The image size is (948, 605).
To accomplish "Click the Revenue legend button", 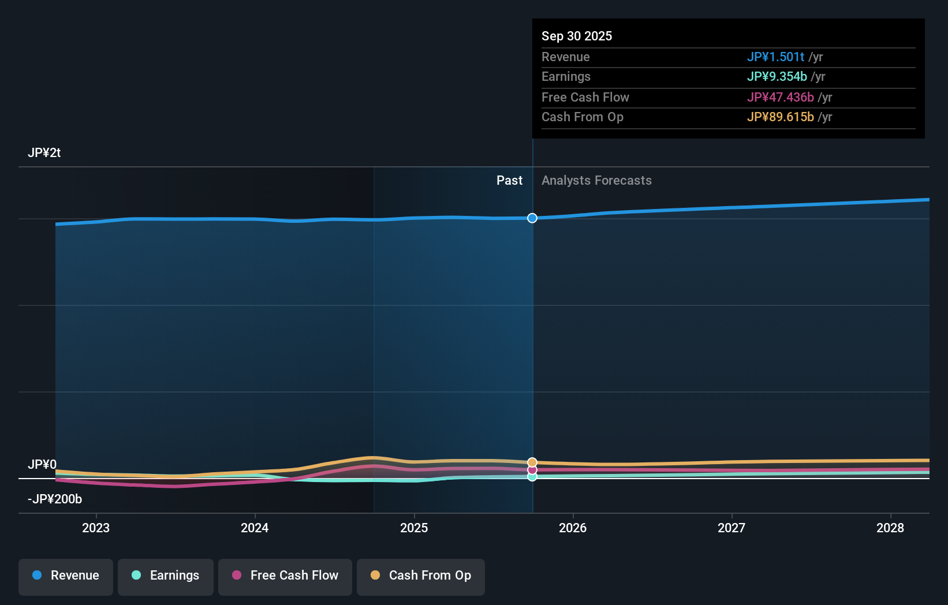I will [66, 576].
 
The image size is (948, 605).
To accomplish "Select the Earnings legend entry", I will [166, 576].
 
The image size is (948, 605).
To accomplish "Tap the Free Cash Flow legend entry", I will [285, 576].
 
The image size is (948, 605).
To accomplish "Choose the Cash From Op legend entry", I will [421, 576].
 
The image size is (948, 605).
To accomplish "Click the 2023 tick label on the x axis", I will [96, 528].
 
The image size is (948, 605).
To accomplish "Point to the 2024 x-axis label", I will [255, 528].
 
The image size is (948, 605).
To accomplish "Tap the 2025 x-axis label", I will [414, 528].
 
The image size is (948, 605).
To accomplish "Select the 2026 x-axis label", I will [573, 528].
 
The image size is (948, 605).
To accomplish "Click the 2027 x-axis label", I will [731, 528].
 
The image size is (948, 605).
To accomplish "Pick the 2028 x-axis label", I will [890, 528].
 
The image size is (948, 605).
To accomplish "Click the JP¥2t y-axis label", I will [44, 153].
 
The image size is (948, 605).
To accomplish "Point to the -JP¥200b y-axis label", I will [55, 499].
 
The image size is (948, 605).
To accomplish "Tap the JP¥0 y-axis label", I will [42, 465].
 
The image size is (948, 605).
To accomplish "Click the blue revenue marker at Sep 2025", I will [532, 218].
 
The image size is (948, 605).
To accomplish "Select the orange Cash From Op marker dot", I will [532, 462].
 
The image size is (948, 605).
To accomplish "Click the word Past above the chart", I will [509, 181].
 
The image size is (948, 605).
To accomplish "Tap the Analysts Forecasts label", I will [596, 181].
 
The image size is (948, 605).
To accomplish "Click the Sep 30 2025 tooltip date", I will [577, 36].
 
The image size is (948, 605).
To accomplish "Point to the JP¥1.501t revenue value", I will [775, 57].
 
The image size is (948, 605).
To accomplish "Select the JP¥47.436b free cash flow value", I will [780, 98].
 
